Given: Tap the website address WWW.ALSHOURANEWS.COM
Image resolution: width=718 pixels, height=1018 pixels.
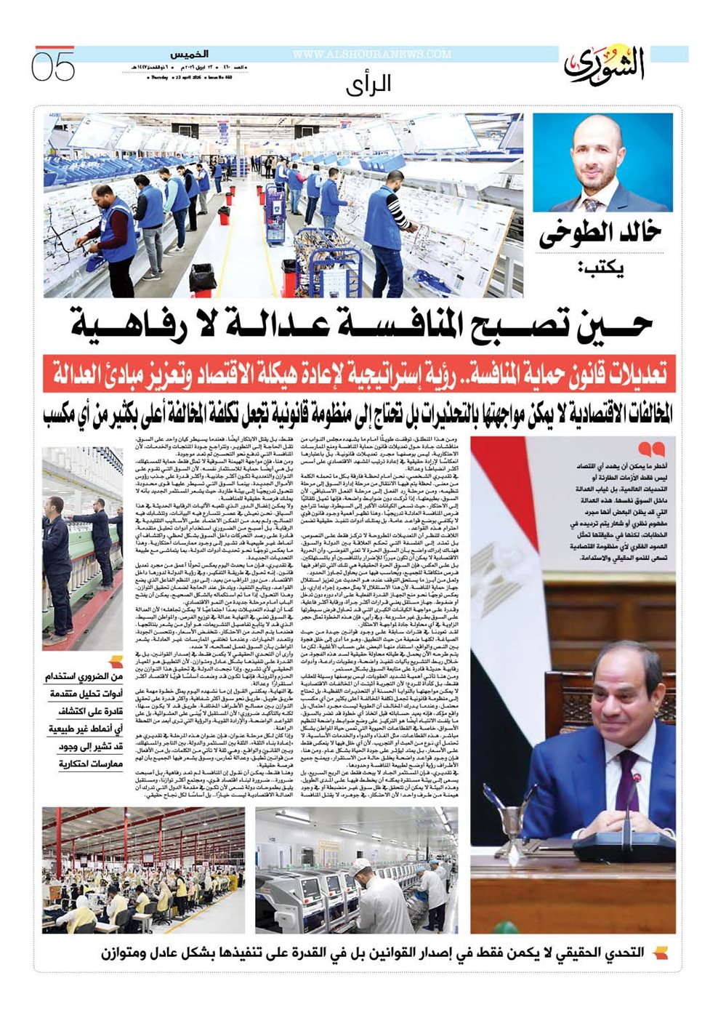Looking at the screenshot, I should click(372, 55).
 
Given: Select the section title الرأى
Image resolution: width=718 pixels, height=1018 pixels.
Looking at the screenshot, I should click(368, 84).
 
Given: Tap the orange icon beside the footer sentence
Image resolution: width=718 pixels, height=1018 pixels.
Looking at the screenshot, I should click(660, 953).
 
